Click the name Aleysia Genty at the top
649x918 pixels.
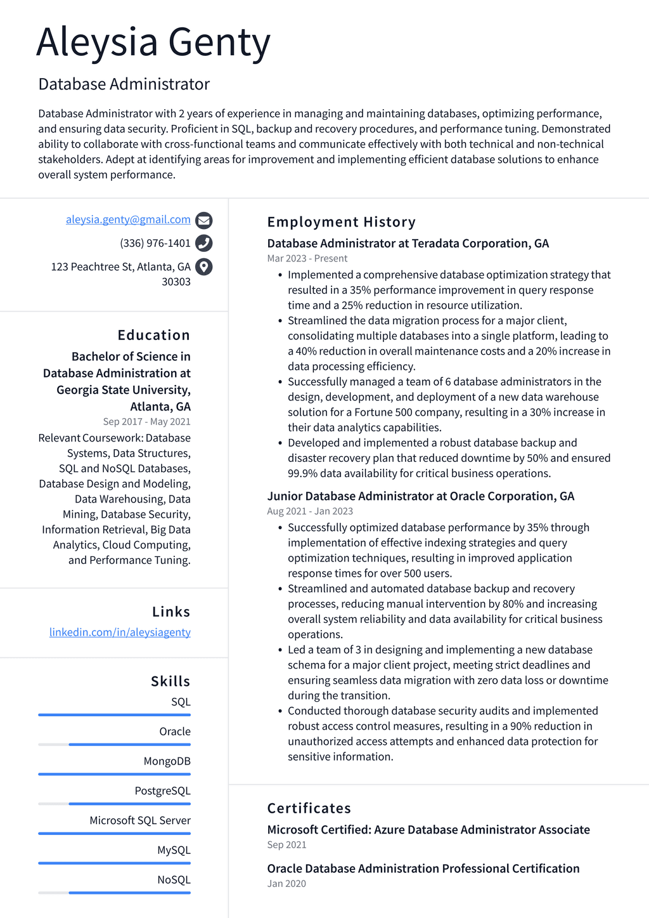[153, 43]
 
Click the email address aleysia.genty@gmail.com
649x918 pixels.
[128, 220]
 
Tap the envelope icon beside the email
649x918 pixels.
[203, 220]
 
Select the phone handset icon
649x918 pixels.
[203, 243]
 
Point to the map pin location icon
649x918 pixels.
[203, 266]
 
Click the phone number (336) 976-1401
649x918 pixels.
[155, 243]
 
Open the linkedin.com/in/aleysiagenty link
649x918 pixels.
[120, 632]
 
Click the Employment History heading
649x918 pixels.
[341, 222]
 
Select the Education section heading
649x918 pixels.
[153, 335]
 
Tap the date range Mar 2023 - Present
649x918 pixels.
[307, 258]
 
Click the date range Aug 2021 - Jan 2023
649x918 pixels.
[310, 511]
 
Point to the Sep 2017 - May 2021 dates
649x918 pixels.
[146, 421]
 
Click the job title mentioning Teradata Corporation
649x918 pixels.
[408, 243]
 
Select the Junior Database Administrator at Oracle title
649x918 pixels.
[420, 496]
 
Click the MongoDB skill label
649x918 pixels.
[167, 761]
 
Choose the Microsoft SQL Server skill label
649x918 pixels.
[140, 820]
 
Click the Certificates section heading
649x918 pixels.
[309, 808]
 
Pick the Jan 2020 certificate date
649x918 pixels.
[286, 884]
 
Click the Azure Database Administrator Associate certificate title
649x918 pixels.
[428, 830]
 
